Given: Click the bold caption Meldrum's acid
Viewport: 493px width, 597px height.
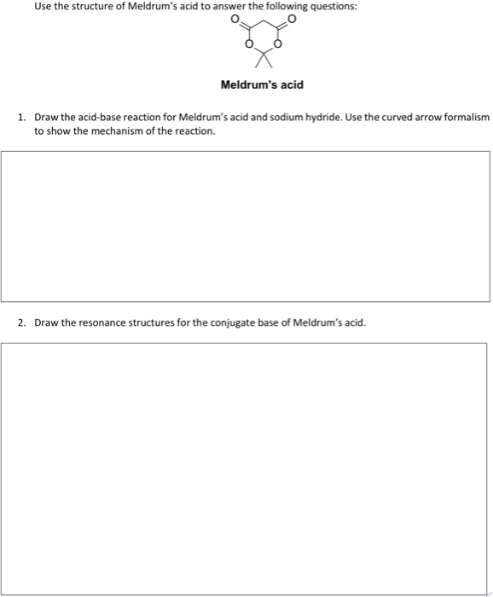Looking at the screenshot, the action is pyautogui.click(x=262, y=85).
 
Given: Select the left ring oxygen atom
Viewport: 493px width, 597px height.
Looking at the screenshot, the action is pyautogui.click(x=248, y=46).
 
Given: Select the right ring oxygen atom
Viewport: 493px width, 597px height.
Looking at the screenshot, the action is pyautogui.click(x=275, y=46).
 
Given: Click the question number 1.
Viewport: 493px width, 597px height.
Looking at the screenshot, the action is pyautogui.click(x=21, y=117).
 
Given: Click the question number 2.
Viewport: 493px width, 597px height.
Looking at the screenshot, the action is pyautogui.click(x=21, y=323).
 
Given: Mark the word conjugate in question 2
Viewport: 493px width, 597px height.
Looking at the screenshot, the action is pyautogui.click(x=227, y=323).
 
